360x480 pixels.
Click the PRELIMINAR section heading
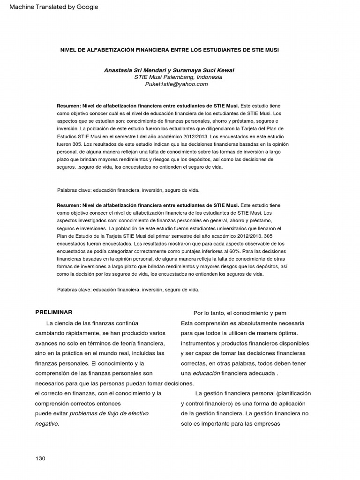point(53,312)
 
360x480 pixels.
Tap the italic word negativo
point(47,423)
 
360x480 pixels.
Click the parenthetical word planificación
point(293,393)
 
